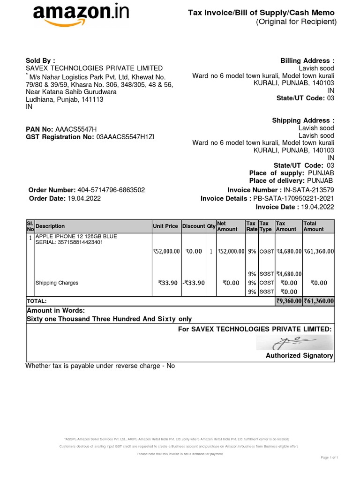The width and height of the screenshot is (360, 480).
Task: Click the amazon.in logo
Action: [x=80, y=15]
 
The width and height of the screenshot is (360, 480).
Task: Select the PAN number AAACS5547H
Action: [x=76, y=129]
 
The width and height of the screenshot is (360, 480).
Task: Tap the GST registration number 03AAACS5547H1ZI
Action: [x=125, y=137]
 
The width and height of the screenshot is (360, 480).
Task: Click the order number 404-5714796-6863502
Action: [x=110, y=190]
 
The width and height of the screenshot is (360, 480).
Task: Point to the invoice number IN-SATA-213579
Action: [x=309, y=190]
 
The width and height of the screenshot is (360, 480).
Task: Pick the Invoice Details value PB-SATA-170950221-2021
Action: [x=294, y=198]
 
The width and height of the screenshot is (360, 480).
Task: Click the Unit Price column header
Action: [x=165, y=226]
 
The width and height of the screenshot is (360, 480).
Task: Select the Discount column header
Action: [x=194, y=226]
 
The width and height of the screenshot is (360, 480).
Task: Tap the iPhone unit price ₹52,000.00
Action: [x=166, y=251]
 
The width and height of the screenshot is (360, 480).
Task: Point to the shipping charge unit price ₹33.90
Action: [x=168, y=283]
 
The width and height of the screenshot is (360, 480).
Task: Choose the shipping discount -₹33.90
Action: [x=194, y=283]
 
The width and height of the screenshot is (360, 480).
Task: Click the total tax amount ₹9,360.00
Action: [x=288, y=301]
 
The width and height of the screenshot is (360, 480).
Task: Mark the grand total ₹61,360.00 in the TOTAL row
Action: [x=319, y=301]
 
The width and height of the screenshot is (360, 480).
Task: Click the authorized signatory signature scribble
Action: [x=294, y=342]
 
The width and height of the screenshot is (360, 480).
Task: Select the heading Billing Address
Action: [x=307, y=61]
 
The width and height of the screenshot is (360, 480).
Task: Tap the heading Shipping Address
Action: [x=303, y=120]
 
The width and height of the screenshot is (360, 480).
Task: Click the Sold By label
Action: [x=40, y=61]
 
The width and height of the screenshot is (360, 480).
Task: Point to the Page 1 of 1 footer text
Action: [x=330, y=457]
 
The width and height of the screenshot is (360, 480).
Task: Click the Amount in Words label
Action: [x=56, y=310]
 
